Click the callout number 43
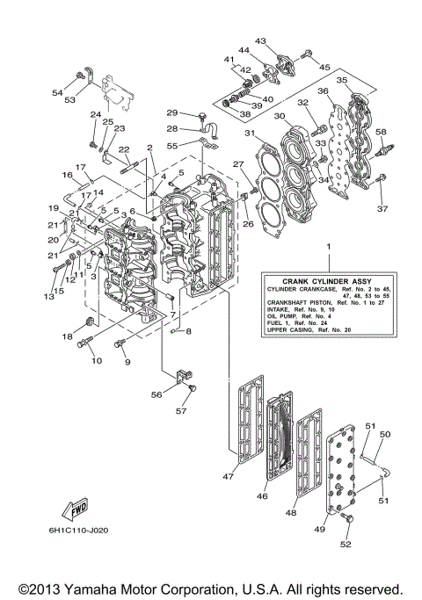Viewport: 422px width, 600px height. [261, 40]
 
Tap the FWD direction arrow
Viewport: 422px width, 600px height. [73, 510]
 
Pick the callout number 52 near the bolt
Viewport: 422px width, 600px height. [345, 545]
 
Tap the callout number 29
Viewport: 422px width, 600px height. [172, 112]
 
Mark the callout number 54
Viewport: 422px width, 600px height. [57, 92]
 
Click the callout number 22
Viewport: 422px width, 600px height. [124, 149]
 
